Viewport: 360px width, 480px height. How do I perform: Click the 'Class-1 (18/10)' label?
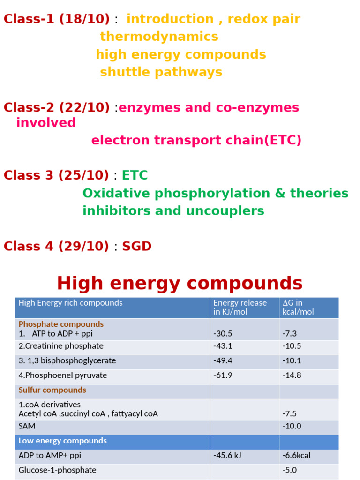pyautogui.click(x=57, y=19)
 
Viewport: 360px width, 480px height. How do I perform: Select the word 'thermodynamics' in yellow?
pyautogui.click(x=159, y=37)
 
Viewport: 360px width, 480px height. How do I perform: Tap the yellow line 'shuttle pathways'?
pyautogui.click(x=161, y=72)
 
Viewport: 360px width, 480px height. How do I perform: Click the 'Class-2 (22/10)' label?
pyautogui.click(x=57, y=107)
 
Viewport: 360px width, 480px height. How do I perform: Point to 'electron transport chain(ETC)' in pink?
pyautogui.click(x=196, y=140)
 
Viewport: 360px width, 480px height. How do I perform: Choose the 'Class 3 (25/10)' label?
pyautogui.click(x=56, y=175)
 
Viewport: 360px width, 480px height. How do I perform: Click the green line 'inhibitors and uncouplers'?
pyautogui.click(x=173, y=211)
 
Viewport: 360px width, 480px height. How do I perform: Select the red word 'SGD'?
pyautogui.click(x=137, y=247)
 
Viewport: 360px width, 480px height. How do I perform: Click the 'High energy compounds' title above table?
pyautogui.click(x=180, y=283)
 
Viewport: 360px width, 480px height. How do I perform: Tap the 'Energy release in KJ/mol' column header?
pyautogui.click(x=240, y=307)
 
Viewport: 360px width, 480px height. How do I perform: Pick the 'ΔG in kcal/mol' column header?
pyautogui.click(x=298, y=307)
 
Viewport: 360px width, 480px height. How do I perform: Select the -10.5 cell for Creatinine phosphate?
pyautogui.click(x=292, y=346)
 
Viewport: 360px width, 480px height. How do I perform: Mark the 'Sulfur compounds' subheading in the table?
pyautogui.click(x=52, y=390)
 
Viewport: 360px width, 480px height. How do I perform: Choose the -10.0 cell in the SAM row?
pyautogui.click(x=292, y=427)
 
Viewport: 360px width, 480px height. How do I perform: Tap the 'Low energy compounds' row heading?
pyautogui.click(x=62, y=441)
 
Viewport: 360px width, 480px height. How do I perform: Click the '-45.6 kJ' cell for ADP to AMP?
pyautogui.click(x=227, y=456)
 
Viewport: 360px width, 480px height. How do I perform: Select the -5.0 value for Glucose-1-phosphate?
pyautogui.click(x=290, y=470)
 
